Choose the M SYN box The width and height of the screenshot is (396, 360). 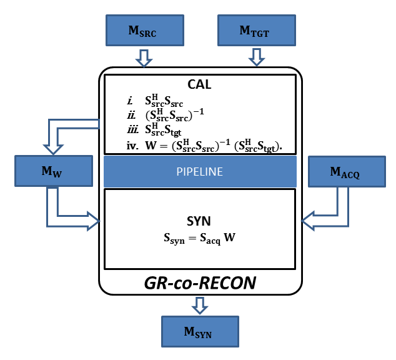point(200,331)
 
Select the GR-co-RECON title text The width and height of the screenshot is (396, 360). point(200,283)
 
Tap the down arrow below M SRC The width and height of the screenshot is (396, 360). point(144,58)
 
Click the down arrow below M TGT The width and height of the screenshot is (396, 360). point(255,58)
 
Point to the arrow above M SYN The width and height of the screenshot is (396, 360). point(200,305)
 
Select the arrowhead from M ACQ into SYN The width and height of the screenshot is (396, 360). point(307,219)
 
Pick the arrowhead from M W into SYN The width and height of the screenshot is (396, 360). point(94,219)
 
